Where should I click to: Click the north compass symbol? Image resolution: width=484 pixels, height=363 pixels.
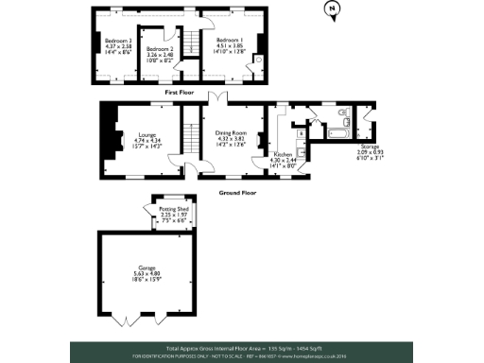(331, 10)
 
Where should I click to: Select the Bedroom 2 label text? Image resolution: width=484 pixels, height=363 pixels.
(158, 48)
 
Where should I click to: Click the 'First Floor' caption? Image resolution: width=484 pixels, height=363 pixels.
(179, 93)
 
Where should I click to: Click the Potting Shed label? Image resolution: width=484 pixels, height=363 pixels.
(173, 209)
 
